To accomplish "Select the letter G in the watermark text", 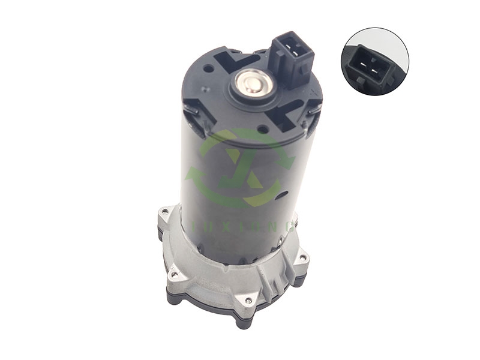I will tap(291, 226).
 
